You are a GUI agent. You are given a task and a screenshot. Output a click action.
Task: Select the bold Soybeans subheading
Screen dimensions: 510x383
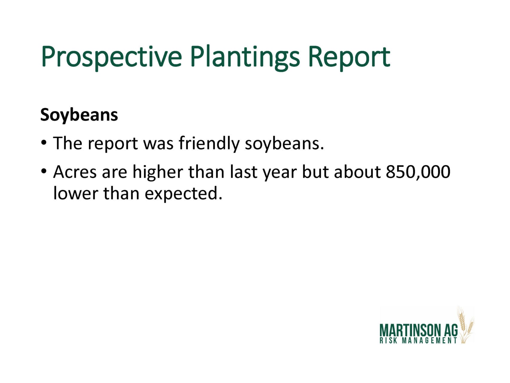point(79,115)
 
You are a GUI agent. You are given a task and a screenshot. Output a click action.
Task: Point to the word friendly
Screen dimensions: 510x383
point(209,143)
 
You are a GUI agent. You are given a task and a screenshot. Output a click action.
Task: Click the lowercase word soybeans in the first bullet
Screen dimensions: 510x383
point(284,144)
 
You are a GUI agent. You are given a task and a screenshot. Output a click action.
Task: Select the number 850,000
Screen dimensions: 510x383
point(418,172)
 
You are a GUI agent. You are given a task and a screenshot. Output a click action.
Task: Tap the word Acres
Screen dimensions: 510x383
point(75,172)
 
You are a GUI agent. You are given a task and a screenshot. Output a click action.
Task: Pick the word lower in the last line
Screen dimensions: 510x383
point(76,194)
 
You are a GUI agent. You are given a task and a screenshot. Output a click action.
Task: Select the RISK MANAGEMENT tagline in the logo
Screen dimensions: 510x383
point(418,341)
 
